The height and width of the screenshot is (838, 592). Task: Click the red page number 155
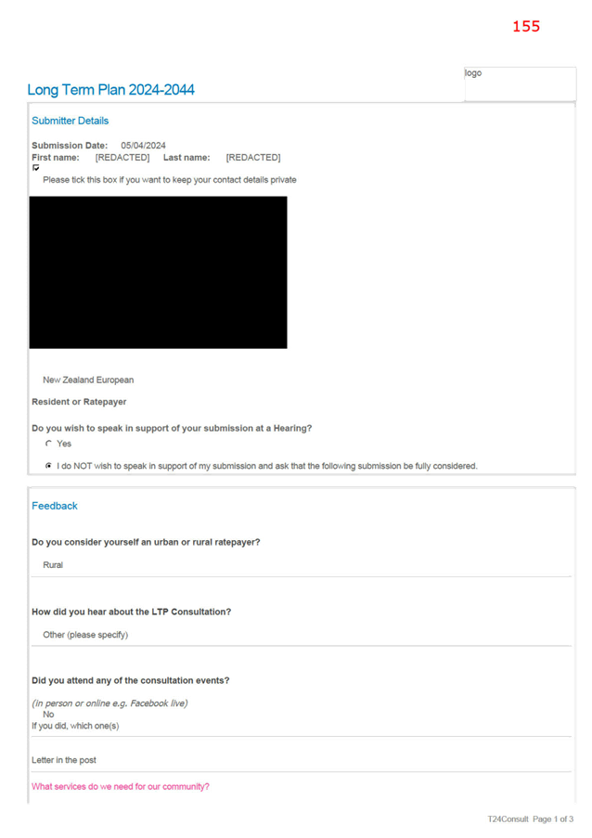(x=526, y=26)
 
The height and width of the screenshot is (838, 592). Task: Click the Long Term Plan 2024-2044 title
(x=110, y=90)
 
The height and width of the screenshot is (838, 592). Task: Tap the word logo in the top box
(x=473, y=73)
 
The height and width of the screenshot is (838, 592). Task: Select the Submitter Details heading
(x=70, y=121)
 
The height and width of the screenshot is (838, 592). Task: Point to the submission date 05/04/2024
(x=143, y=146)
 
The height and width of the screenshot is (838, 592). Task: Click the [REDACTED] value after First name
(x=122, y=157)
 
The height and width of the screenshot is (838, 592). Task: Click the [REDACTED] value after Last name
(x=253, y=157)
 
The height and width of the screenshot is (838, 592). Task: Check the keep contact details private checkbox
(x=36, y=168)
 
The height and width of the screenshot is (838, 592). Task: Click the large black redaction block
(x=158, y=273)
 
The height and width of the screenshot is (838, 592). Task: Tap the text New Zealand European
(x=88, y=380)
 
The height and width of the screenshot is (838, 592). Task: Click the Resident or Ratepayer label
(x=79, y=402)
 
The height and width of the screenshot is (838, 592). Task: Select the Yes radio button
(x=48, y=444)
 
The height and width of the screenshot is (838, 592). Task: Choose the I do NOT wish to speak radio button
(x=48, y=466)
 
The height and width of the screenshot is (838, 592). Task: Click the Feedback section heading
(x=55, y=506)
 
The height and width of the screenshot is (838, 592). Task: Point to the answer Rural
(x=53, y=565)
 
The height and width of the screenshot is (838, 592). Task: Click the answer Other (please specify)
(x=85, y=635)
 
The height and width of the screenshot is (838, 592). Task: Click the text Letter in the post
(x=64, y=760)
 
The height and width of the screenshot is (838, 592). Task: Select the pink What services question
(x=121, y=787)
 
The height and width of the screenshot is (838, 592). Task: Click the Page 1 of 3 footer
(x=553, y=819)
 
